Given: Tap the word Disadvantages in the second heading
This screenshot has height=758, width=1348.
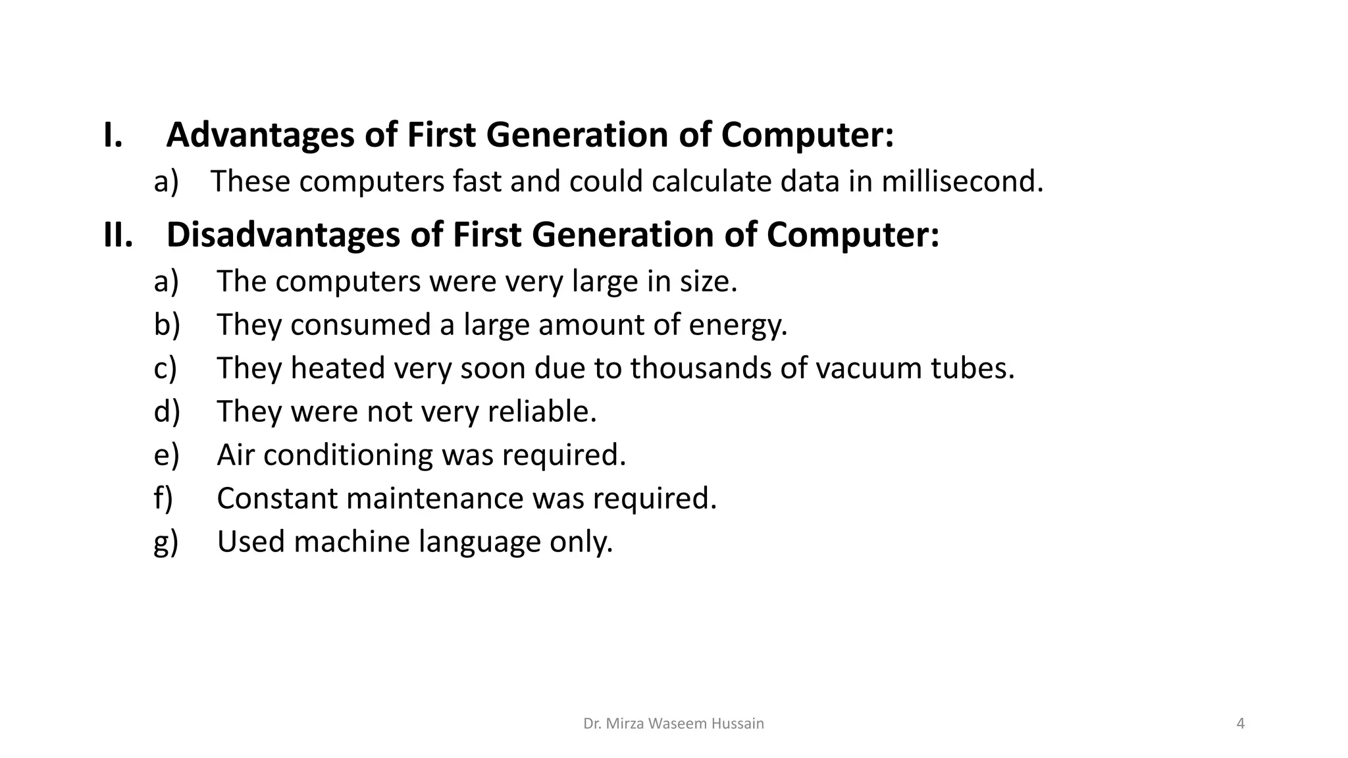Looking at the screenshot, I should coord(283,235).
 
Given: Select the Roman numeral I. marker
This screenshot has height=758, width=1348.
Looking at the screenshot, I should coord(113,135).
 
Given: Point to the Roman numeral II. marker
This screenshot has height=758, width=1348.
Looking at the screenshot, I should coord(118,235).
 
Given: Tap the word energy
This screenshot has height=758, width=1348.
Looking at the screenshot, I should coord(738,325).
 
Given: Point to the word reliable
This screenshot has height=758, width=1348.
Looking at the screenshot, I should coord(542,411).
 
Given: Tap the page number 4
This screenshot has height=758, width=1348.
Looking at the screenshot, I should coord(1241,724).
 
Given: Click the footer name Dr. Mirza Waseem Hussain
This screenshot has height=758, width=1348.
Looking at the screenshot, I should coord(673,724).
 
